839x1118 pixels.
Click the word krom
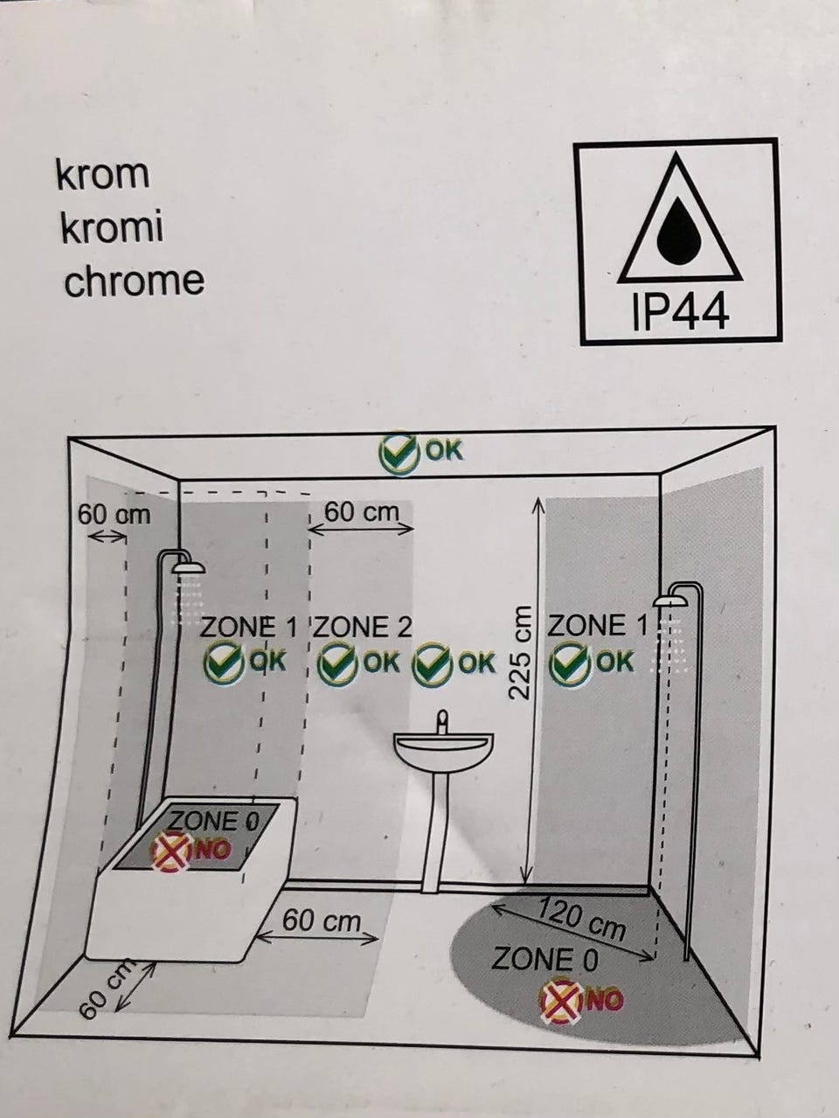[102, 174]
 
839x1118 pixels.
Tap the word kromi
[113, 227]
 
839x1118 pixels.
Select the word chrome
[134, 281]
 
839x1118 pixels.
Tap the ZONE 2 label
[363, 627]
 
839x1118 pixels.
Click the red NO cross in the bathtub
[172, 851]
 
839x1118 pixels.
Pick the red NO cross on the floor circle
[562, 1000]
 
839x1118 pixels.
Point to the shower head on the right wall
[670, 601]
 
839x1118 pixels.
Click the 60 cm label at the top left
[114, 514]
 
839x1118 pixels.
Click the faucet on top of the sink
[443, 722]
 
